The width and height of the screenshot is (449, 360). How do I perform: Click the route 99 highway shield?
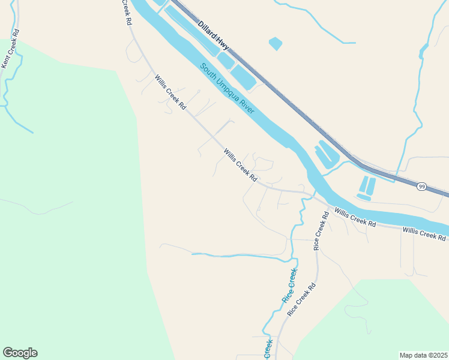tap(422, 187)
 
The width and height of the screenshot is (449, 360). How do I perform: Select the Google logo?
tap(20, 353)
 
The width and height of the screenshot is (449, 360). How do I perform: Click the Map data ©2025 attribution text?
tap(423, 355)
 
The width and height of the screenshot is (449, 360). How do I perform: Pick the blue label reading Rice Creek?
tap(289, 285)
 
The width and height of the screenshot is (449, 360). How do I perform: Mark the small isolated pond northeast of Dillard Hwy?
tap(275, 43)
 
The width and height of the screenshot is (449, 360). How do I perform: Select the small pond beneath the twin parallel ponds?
tap(363, 197)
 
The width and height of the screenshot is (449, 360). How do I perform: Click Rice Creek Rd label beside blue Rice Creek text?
tap(301, 300)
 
